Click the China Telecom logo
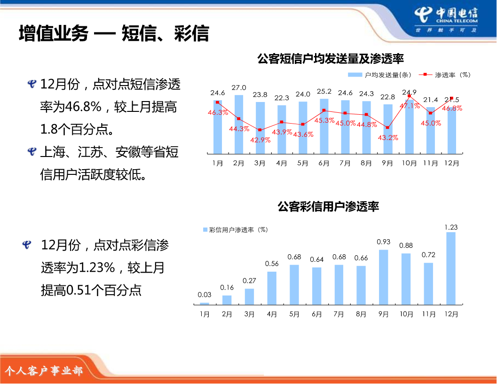click(x=446, y=20)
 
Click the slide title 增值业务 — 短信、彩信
click(x=114, y=33)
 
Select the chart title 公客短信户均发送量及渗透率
click(x=330, y=59)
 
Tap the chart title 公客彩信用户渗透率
click(x=328, y=207)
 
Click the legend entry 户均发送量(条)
click(x=379, y=75)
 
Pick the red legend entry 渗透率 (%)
click(x=444, y=75)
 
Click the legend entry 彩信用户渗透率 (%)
click(x=236, y=230)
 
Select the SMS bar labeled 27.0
click(x=239, y=124)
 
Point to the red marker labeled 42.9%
click(x=260, y=130)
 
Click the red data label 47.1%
click(x=410, y=106)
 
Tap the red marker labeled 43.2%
click(x=387, y=127)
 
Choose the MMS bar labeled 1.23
click(x=451, y=268)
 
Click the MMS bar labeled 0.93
click(x=384, y=277)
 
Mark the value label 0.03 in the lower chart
click(x=205, y=295)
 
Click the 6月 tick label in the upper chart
click(x=323, y=163)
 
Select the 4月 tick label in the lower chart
click(x=272, y=314)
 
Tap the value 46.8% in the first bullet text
click(x=83, y=107)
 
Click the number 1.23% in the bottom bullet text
click(x=96, y=268)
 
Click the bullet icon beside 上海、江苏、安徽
click(x=32, y=151)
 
